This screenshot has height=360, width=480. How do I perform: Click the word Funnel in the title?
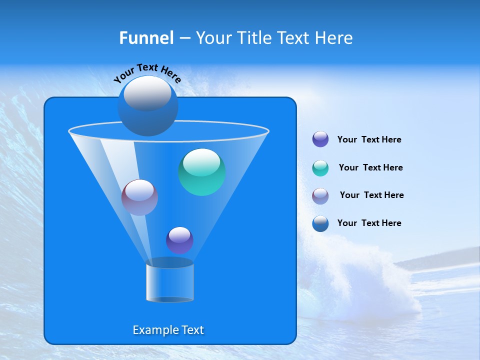[x=146, y=38]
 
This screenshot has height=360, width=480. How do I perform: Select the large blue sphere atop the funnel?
[x=147, y=106]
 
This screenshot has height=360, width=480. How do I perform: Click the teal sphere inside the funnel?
[x=202, y=172]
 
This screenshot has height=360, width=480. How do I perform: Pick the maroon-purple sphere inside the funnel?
[x=139, y=197]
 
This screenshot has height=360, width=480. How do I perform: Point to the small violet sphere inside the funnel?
[x=179, y=240]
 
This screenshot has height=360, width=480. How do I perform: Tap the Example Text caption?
[x=168, y=330]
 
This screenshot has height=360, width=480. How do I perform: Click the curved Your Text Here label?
[x=147, y=72]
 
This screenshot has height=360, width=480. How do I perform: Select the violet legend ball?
[x=320, y=139]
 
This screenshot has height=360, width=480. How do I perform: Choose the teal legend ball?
[x=320, y=168]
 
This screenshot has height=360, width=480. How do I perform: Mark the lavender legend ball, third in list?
[x=320, y=196]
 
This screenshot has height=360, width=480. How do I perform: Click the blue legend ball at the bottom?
[x=320, y=223]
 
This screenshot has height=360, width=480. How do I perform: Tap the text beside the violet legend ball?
[x=369, y=140]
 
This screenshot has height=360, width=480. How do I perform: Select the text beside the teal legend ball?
[x=370, y=168]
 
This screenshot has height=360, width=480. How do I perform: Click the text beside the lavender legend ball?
[x=371, y=195]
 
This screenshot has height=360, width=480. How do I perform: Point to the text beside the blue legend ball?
[x=369, y=223]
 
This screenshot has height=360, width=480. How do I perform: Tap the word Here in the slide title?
[x=334, y=38]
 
